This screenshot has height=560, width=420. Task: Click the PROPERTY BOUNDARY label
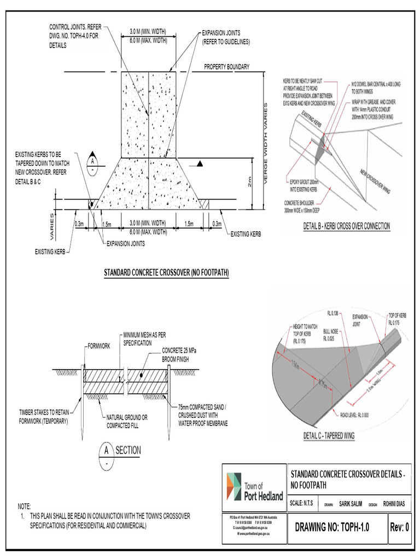tap(226, 67)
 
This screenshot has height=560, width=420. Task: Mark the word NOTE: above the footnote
tap(25, 506)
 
